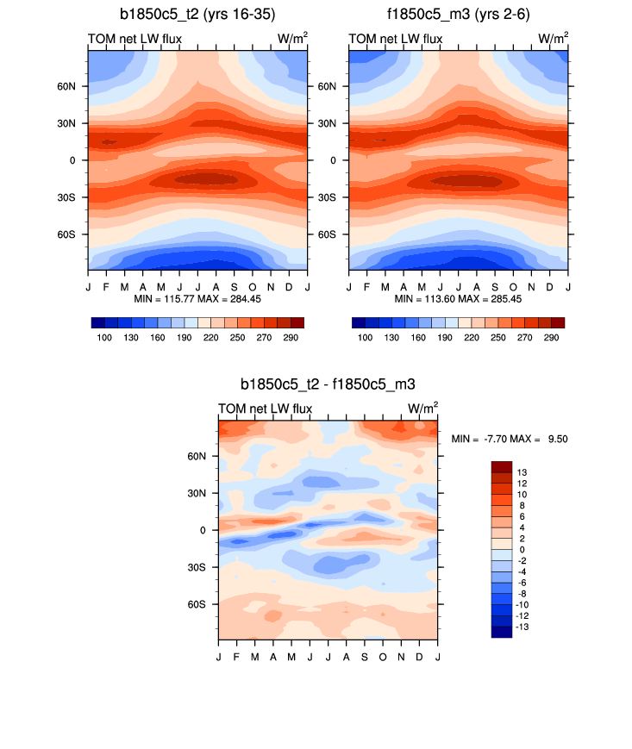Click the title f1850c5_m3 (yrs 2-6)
tap(459, 15)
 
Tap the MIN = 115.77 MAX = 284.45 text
tap(197, 298)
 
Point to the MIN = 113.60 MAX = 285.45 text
tap(459, 298)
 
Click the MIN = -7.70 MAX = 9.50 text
tap(509, 439)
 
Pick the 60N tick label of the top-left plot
tap(70, 86)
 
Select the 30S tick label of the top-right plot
tap(331, 197)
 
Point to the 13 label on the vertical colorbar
tap(522, 472)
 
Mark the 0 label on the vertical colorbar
tap(520, 549)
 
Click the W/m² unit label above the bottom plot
tap(422, 408)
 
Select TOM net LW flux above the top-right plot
tap(396, 39)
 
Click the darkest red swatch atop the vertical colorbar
tap(502, 466)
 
